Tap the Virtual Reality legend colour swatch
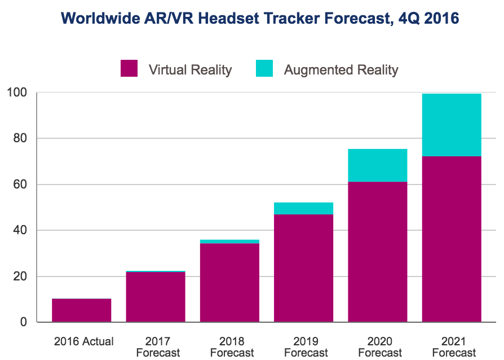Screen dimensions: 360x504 tap(129, 69)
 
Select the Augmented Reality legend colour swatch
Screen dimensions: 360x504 tap(264, 69)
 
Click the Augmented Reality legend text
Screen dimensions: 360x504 tap(341, 70)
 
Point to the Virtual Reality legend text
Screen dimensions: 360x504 tap(190, 70)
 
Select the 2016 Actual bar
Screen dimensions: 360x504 tap(81, 310)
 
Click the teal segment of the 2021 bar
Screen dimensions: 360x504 tap(451, 125)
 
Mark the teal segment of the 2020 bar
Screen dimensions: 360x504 tap(377, 165)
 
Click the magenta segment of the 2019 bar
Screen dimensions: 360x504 tap(303, 268)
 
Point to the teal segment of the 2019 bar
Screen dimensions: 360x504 tap(303, 208)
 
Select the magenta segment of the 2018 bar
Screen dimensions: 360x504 tap(229, 283)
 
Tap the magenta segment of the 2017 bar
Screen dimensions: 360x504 tap(156, 297)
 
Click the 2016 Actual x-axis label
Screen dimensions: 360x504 tap(83, 341)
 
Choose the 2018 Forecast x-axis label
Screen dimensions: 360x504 tap(232, 346)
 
